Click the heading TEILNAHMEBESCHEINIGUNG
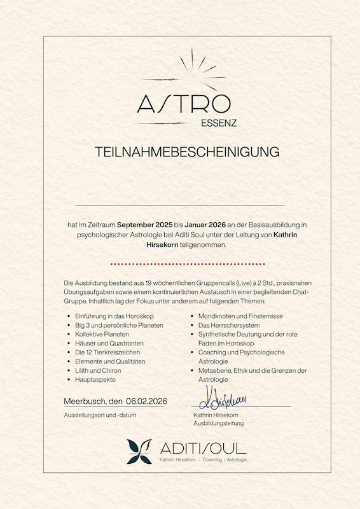point(187,152)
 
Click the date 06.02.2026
point(146,401)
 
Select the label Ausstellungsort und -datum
point(100,415)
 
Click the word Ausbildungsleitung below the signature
point(218,423)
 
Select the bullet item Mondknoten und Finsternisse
point(241,316)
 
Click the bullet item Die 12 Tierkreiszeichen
point(107,352)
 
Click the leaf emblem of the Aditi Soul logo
point(139,451)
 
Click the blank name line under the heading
point(180,206)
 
